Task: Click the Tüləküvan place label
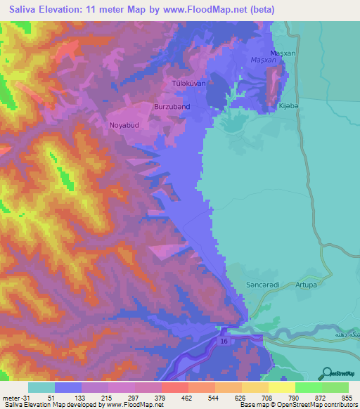(188, 84)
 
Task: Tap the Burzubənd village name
(172, 106)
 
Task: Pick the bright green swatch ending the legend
(335, 387)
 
